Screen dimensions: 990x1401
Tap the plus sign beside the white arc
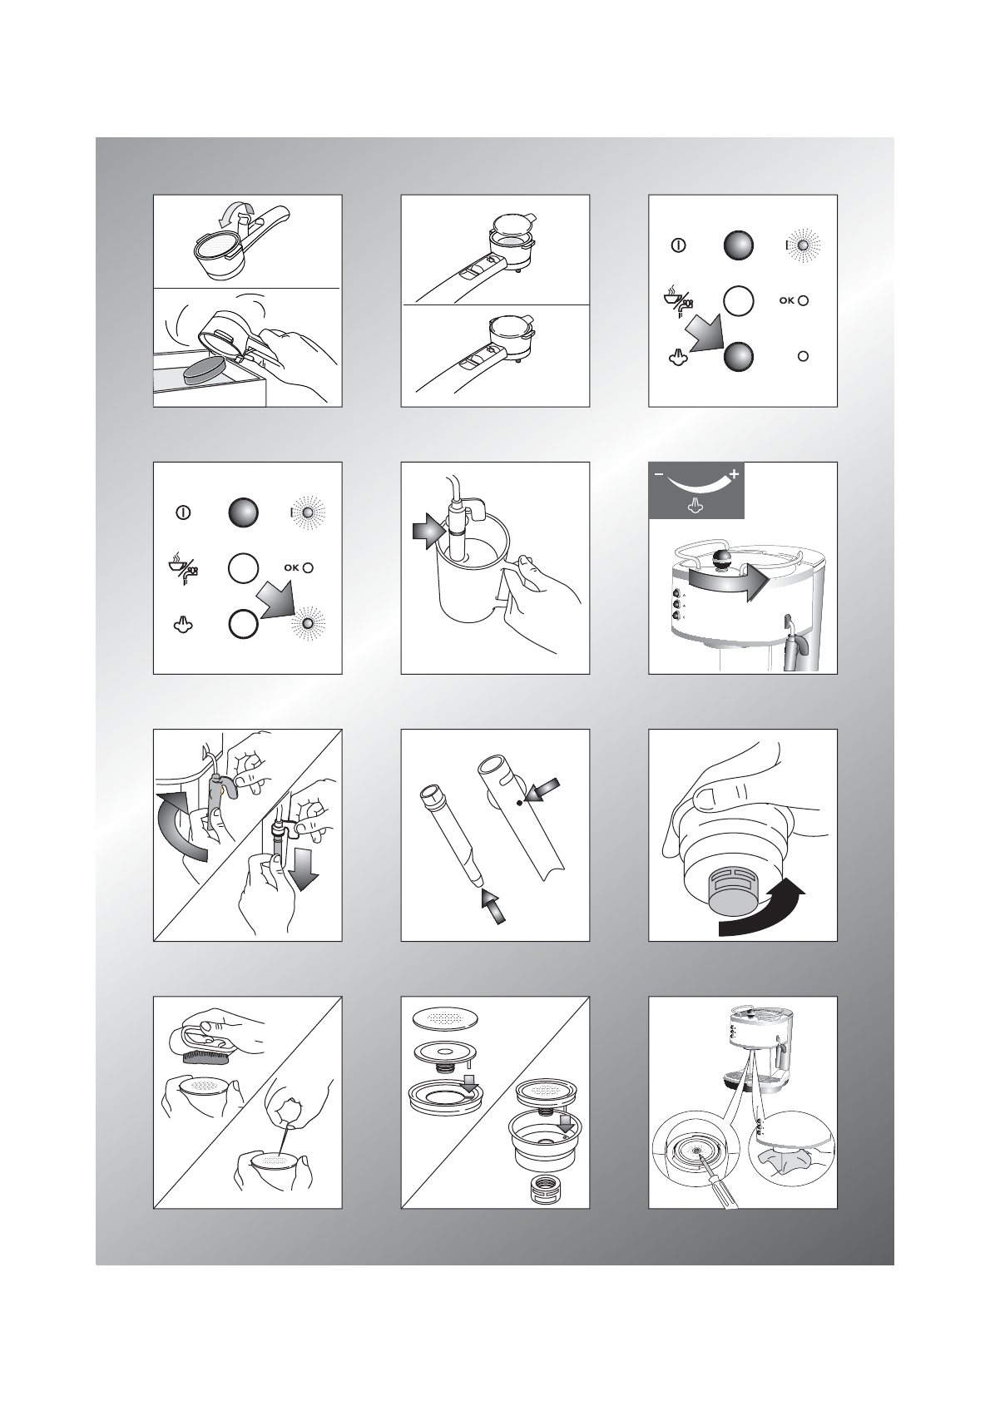(734, 475)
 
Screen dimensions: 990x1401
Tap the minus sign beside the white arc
(659, 475)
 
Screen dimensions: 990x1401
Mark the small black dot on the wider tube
(520, 802)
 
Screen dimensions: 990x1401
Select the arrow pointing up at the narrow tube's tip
(493, 906)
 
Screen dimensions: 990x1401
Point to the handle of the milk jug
(509, 585)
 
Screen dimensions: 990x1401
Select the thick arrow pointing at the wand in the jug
(428, 531)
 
